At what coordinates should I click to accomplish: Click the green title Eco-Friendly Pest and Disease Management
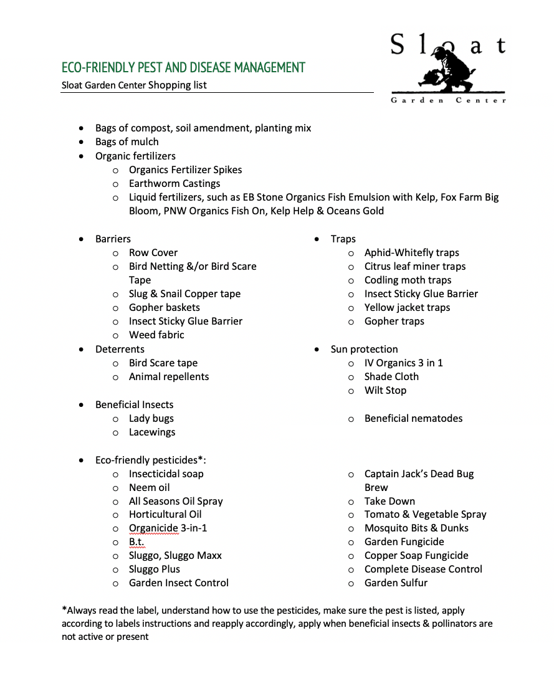click(183, 67)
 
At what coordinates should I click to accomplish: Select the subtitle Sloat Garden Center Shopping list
click(134, 85)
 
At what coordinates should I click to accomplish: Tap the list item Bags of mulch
click(127, 142)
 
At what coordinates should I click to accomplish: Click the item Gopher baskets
click(165, 308)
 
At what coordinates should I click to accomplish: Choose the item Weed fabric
click(156, 335)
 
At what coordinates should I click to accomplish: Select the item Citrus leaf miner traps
click(415, 267)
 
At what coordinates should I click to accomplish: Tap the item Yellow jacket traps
click(407, 308)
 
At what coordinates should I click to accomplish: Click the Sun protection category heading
click(364, 350)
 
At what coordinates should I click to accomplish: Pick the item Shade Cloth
click(391, 377)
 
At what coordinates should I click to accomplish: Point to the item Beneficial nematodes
click(413, 419)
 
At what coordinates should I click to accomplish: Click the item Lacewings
click(152, 432)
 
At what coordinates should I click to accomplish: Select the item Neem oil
click(149, 488)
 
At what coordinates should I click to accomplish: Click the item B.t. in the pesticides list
click(136, 542)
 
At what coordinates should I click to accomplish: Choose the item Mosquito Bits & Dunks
click(416, 528)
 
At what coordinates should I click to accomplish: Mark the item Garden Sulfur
click(396, 583)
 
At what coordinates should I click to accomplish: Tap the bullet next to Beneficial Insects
click(82, 405)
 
